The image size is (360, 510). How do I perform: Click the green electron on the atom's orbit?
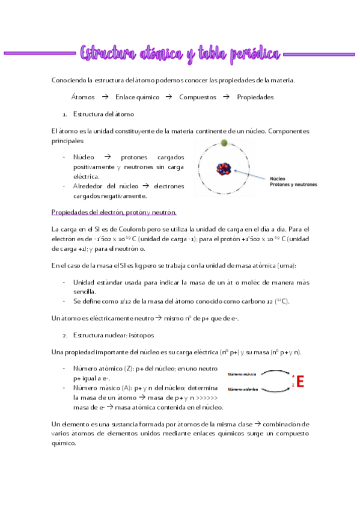[x=224, y=143]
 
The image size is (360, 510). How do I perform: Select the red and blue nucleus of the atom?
[x=222, y=168]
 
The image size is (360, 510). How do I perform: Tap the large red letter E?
[x=300, y=381]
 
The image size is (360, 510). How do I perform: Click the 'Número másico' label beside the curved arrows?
[x=239, y=375]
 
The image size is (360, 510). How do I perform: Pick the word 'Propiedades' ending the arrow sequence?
[x=255, y=97]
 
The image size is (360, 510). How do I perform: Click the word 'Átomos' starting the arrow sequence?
[x=82, y=97]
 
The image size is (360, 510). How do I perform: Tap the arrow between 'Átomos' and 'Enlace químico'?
[x=105, y=97]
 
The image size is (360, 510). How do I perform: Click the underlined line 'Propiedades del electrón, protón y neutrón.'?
[x=114, y=212]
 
